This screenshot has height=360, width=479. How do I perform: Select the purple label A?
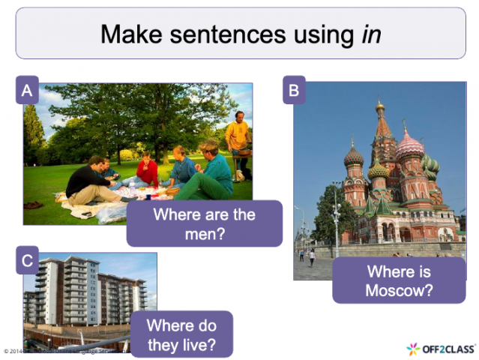[27, 91]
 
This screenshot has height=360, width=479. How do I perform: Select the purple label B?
[294, 91]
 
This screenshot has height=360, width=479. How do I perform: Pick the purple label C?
[27, 261]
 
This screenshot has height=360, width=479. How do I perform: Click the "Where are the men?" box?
[204, 223]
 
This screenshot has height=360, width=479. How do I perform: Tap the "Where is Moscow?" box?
[399, 280]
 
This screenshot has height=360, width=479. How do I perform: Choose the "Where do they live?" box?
[181, 334]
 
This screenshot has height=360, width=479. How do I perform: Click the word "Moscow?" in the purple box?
[399, 290]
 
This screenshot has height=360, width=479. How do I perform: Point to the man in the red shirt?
[147, 171]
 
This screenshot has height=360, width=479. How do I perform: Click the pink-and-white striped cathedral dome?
[409, 146]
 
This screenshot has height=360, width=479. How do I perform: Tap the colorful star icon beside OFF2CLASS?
[413, 349]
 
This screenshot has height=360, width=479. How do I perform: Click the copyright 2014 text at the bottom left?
[15, 350]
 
